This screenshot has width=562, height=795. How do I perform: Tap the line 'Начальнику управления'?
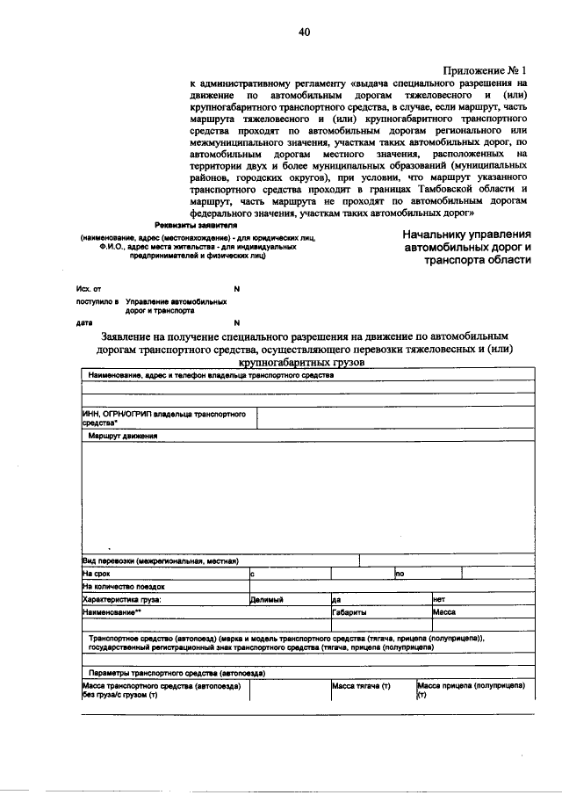click(x=467, y=235)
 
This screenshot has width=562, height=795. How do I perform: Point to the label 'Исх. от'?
click(x=89, y=288)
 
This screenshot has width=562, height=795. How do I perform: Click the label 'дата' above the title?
click(x=84, y=322)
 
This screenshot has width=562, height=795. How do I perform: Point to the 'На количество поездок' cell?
click(x=123, y=586)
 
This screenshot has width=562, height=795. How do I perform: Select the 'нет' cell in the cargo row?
click(x=439, y=599)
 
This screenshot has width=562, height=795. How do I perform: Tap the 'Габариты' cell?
click(x=349, y=611)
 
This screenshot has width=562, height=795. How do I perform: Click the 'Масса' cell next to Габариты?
click(x=443, y=611)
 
